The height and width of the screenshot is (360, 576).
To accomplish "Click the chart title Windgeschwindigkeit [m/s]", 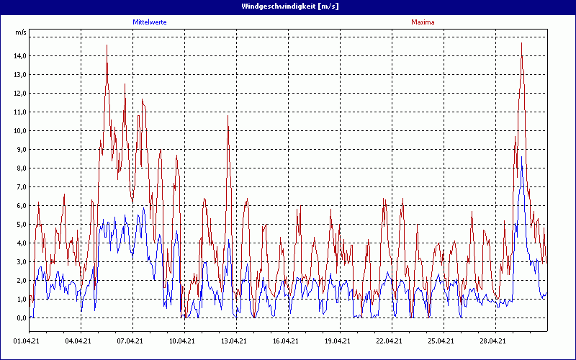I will click(x=287, y=6).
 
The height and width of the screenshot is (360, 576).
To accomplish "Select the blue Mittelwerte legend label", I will click(x=150, y=22).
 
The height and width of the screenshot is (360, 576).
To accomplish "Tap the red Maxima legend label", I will click(x=423, y=22).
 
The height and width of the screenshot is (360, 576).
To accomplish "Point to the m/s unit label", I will click(x=21, y=32).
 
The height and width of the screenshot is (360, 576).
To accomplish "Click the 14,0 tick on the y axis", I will click(x=20, y=56).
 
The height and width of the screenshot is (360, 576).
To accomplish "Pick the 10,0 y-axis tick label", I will click(x=20, y=131).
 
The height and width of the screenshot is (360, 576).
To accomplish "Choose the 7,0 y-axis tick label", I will click(x=20, y=187).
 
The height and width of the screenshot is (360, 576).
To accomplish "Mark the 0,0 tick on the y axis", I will click(x=20, y=318).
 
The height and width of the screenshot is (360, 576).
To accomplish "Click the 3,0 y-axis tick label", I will click(x=20, y=262).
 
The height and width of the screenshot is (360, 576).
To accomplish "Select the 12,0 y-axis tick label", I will click(x=20, y=94).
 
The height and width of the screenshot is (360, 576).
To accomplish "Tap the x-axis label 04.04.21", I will click(x=78, y=341).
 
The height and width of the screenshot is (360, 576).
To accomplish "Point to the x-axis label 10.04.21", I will click(x=181, y=341).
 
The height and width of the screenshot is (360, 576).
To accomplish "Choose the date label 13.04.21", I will click(x=233, y=341).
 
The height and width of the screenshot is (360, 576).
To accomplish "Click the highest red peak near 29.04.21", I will click(x=521, y=43).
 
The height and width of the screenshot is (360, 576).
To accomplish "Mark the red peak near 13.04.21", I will click(x=228, y=116).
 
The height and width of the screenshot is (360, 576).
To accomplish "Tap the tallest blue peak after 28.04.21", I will click(x=521, y=157).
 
